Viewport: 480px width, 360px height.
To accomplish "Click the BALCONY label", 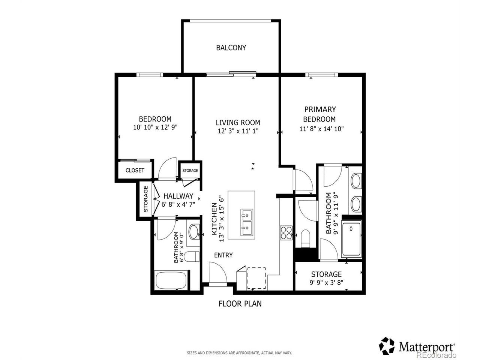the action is tap(231, 48).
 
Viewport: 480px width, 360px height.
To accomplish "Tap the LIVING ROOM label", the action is tap(238, 123).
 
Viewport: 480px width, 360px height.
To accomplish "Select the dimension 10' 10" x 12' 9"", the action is tap(155, 127).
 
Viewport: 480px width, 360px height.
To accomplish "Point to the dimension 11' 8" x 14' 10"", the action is tap(321, 129).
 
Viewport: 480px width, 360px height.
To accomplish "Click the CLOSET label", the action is tap(135, 170).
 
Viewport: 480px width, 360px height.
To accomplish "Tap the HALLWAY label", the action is tap(178, 196).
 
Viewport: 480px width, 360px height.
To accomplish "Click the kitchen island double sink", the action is tap(247, 222).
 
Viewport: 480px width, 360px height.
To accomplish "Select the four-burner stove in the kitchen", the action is tap(286, 233).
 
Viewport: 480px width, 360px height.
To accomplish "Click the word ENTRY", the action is tap(223, 255).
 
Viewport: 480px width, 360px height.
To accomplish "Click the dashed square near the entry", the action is tap(256, 278).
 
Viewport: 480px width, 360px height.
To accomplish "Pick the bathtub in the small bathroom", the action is tap(171, 280).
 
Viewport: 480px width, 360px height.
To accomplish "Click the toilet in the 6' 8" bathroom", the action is tap(192, 256).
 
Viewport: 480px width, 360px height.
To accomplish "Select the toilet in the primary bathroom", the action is tap(306, 238).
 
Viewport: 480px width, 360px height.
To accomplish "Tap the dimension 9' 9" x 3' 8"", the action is tap(326, 283).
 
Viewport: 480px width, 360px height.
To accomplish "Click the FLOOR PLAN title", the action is tap(240, 304).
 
